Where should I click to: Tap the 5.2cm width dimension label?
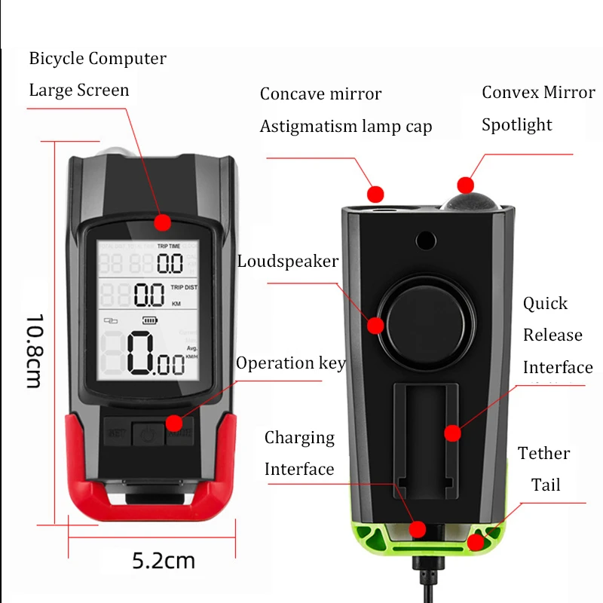click(x=164, y=560)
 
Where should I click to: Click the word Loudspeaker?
click(x=287, y=262)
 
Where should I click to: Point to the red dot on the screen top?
click(x=162, y=222)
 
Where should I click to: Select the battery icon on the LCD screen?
click(x=154, y=320)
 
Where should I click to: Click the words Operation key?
click(x=290, y=363)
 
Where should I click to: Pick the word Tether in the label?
click(x=543, y=453)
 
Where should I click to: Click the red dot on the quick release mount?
click(x=452, y=433)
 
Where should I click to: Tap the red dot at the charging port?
click(x=418, y=529)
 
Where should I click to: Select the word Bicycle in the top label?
click(x=57, y=58)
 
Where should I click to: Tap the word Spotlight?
click(x=517, y=124)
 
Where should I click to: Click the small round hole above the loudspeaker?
click(x=426, y=240)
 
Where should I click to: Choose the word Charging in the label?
click(x=299, y=437)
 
